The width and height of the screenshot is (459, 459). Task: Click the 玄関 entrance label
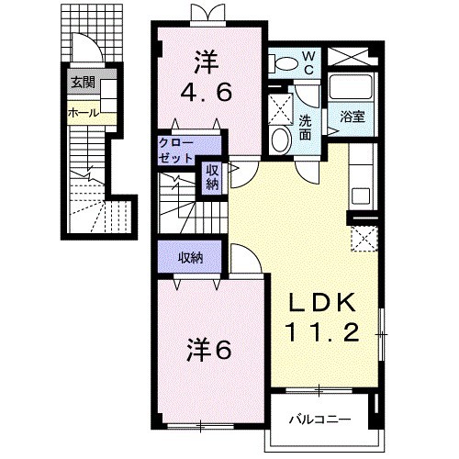pyautogui.click(x=84, y=83)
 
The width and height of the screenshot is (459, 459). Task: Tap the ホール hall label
pyautogui.click(x=84, y=113)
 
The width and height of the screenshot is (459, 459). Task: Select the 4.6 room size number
pyautogui.click(x=206, y=93)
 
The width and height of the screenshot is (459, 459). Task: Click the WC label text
pyautogui.click(x=308, y=63)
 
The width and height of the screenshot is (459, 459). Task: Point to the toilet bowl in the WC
pyautogui.click(x=283, y=63)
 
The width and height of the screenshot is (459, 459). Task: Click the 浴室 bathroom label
pyautogui.click(x=353, y=117)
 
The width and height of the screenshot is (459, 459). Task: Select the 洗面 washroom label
pyautogui.click(x=305, y=128)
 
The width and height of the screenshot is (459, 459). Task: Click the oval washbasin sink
pyautogui.click(x=281, y=140)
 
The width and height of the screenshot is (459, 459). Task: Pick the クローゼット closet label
pyautogui.click(x=176, y=151)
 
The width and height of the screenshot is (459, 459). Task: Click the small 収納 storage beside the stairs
pyautogui.click(x=212, y=177)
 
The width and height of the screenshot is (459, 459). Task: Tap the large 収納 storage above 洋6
pyautogui.click(x=190, y=259)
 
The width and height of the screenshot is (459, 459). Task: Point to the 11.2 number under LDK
pyautogui.click(x=322, y=332)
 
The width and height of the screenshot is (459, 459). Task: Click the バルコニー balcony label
pyautogui.click(x=319, y=420)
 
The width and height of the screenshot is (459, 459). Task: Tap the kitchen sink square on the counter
pyautogui.click(x=361, y=196)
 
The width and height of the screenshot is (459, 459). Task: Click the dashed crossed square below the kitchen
pyautogui.click(x=364, y=239)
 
